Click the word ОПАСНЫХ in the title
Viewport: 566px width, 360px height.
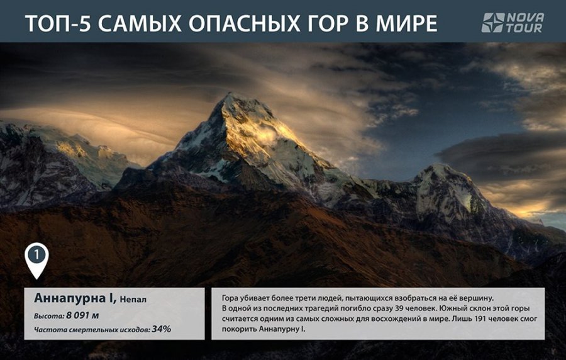pyautogui.click(x=245, y=24)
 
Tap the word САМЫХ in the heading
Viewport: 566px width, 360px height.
pyautogui.click(x=140, y=24)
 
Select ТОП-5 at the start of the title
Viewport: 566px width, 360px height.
pyautogui.click(x=58, y=24)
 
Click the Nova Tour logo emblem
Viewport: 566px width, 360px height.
pyautogui.click(x=492, y=23)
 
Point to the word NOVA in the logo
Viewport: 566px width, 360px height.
pyautogui.click(x=526, y=18)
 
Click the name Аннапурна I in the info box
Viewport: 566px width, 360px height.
pyautogui.click(x=75, y=298)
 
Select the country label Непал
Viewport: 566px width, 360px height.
pyautogui.click(x=133, y=300)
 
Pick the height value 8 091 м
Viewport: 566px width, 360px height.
pyautogui.click(x=82, y=315)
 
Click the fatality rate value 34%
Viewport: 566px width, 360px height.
pyautogui.click(x=161, y=329)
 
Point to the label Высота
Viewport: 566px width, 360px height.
pyautogui.click(x=49, y=316)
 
